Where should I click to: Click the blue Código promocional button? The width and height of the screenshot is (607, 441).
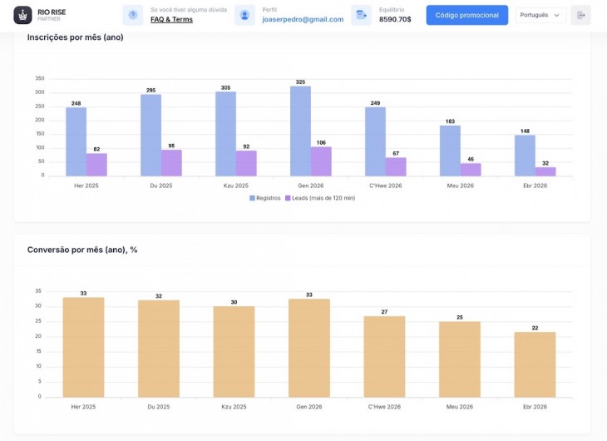tap(466, 15)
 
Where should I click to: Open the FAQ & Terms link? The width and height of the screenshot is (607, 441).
tap(171, 19)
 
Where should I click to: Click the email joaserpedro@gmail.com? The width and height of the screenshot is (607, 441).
tap(303, 19)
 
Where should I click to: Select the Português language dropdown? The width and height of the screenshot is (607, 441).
tap(540, 15)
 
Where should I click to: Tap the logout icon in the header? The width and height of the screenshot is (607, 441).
tap(580, 15)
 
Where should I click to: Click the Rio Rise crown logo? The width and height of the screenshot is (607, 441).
tap(22, 15)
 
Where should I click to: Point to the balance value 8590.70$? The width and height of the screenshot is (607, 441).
tap(395, 19)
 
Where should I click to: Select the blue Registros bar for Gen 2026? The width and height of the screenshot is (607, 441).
tap(300, 131)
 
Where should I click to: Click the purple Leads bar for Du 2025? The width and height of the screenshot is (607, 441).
tap(171, 163)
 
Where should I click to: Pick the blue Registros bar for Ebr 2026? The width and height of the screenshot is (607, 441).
tap(525, 156)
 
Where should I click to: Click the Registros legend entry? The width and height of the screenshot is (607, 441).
tap(264, 198)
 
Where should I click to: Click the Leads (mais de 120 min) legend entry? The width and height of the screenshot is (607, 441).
tap(320, 198)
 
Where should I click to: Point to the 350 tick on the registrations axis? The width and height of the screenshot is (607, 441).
tap(40, 78)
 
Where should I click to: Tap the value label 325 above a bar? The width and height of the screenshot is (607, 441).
tap(300, 82)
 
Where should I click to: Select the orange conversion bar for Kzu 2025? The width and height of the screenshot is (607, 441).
tap(234, 352)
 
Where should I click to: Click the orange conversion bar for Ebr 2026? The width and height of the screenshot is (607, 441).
tap(535, 364)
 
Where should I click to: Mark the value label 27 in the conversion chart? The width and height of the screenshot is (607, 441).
tap(384, 311)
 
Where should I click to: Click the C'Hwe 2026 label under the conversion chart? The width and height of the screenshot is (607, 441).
tap(384, 407)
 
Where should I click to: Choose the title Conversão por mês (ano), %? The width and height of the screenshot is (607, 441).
tap(82, 250)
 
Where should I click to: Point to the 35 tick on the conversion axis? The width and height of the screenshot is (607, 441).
tap(38, 291)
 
